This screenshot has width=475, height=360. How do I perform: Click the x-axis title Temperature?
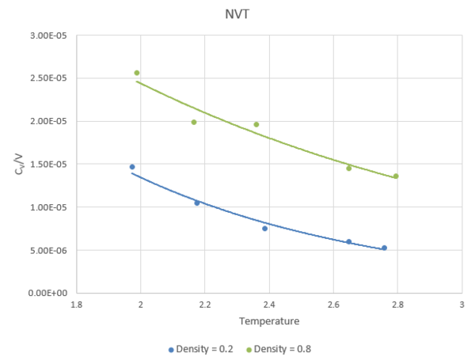268,320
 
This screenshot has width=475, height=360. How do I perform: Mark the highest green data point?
137,73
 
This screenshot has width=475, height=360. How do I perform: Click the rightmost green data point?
396,176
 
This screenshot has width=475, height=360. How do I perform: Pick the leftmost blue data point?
132,167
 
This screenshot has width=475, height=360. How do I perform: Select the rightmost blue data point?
384,248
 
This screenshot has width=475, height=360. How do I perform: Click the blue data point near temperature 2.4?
265,229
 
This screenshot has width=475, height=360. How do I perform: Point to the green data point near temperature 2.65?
348,168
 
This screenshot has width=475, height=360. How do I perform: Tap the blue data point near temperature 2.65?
348,241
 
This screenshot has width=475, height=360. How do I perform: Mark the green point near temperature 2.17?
194,122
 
